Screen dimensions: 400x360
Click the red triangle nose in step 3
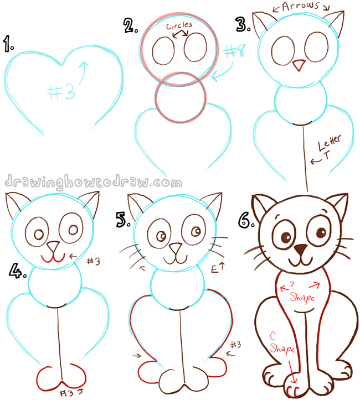(299, 65)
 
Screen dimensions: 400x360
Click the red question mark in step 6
(302, 284)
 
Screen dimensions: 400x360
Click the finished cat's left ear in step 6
(265, 205)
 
